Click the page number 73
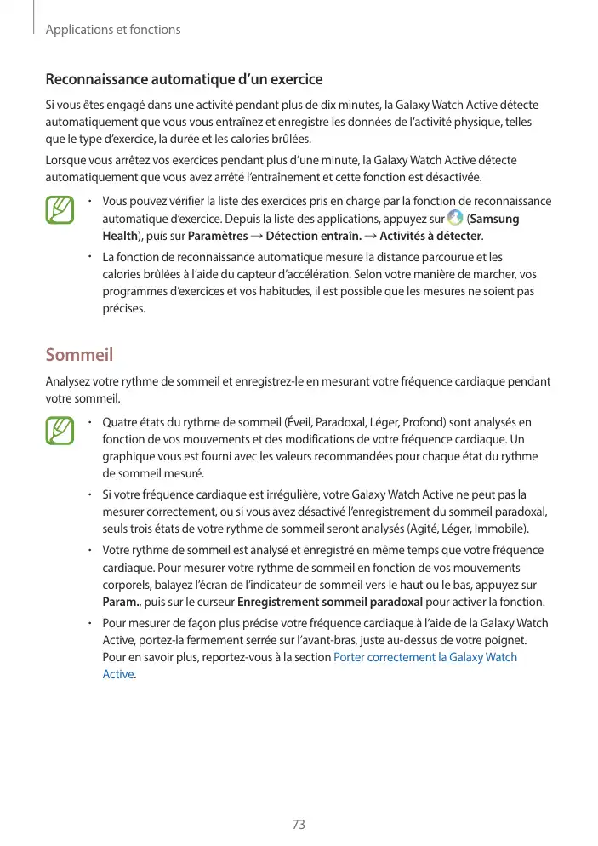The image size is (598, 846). click(299, 825)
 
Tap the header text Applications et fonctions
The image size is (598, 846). click(113, 30)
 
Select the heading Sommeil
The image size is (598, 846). click(79, 354)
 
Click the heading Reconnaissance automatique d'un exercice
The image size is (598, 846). click(184, 79)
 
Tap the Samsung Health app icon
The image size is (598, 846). click(455, 219)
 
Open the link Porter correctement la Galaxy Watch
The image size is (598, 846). click(425, 657)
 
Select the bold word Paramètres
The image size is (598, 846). click(218, 236)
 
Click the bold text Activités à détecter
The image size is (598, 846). click(430, 236)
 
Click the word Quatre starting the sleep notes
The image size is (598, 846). click(121, 422)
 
